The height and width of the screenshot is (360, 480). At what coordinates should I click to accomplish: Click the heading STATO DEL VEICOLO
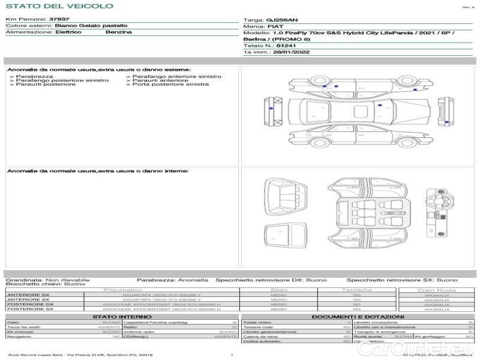[x=59, y=6]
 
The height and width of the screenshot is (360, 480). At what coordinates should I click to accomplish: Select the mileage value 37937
[x=59, y=19]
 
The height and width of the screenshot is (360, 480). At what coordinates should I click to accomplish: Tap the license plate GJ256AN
[x=281, y=20]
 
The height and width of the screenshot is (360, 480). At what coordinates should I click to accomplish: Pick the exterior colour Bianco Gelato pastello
[x=91, y=26]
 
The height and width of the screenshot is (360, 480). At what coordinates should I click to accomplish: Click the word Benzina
[x=118, y=32]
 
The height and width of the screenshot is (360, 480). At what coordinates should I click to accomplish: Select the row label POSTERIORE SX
[x=29, y=309]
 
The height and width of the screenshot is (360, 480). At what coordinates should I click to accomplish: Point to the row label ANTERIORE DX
[x=28, y=295]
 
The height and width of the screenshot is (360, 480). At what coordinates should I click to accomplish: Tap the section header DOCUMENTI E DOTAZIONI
[x=358, y=316]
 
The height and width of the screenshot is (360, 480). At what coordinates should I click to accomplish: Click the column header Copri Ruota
[x=436, y=290]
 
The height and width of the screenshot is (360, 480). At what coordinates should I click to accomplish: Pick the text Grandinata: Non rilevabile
[x=47, y=280]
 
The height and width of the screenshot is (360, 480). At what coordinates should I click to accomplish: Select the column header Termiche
[x=356, y=290]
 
